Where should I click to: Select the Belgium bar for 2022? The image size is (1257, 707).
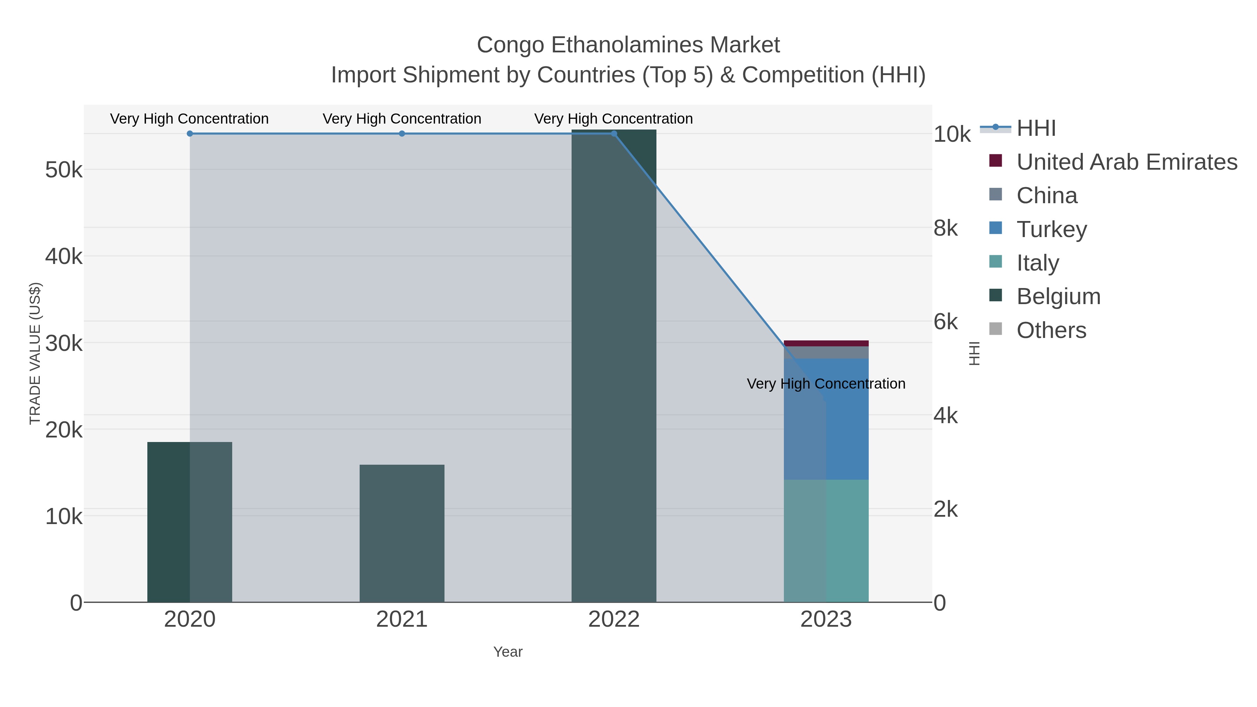pyautogui.click(x=613, y=366)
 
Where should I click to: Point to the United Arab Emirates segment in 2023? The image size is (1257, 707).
pyautogui.click(x=826, y=343)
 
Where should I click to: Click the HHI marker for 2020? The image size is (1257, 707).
pyautogui.click(x=190, y=133)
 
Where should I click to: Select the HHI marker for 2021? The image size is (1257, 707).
pyautogui.click(x=402, y=133)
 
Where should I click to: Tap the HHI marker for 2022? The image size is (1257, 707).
pyautogui.click(x=613, y=133)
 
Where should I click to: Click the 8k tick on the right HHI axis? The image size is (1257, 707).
pyautogui.click(x=945, y=228)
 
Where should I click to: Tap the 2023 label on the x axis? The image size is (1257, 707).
pyautogui.click(x=826, y=619)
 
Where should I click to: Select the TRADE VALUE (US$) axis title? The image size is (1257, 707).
pyautogui.click(x=35, y=353)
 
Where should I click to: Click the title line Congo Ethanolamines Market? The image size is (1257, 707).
pyautogui.click(x=628, y=45)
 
